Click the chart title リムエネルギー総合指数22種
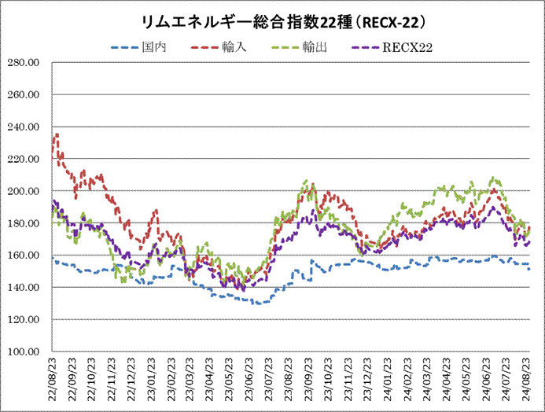(x=272, y=20)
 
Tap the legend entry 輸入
(x=234, y=47)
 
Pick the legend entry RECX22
(x=408, y=47)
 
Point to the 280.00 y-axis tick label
(x=26, y=63)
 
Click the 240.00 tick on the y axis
(x=26, y=127)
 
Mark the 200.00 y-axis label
(x=26, y=191)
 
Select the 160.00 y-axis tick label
(x=26, y=256)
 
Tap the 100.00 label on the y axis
(x=26, y=351)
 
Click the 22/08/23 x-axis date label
(x=53, y=380)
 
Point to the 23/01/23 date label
(x=150, y=380)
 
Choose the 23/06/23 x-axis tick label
(x=249, y=380)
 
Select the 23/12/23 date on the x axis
(x=366, y=380)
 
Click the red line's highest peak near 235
(x=57, y=134)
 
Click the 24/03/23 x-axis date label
(x=427, y=380)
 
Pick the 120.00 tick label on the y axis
(x=26, y=319)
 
